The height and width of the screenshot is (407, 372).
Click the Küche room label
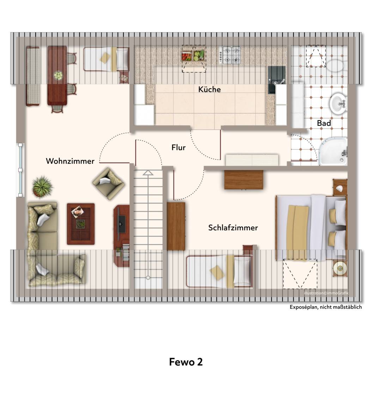[x=209, y=89]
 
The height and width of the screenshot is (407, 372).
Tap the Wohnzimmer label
[x=70, y=161]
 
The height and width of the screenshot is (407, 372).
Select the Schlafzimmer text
[x=233, y=228]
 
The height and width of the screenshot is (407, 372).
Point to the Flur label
[x=178, y=147]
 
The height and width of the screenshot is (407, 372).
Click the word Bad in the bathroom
[x=324, y=123]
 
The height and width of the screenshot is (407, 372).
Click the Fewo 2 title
[x=186, y=362]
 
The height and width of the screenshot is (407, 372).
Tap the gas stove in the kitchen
[x=230, y=55]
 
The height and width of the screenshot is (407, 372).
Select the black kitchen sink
[x=277, y=79]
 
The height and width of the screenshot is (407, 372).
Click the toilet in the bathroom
[x=336, y=65]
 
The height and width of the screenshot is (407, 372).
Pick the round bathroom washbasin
[x=338, y=103]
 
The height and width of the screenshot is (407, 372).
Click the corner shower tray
[x=333, y=152]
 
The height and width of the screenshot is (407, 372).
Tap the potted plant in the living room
[x=42, y=187]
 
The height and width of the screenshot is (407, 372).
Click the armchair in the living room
[x=109, y=183]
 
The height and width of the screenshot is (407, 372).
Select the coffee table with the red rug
[x=80, y=224]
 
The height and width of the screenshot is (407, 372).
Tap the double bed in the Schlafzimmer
[x=311, y=228]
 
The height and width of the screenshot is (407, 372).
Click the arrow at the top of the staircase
[x=148, y=172]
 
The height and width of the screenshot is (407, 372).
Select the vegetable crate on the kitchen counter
[x=193, y=55]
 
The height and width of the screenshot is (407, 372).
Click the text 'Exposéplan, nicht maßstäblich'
[x=325, y=307]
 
